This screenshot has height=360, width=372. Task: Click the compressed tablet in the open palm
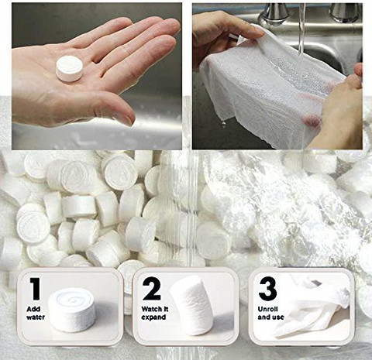(x=69, y=68)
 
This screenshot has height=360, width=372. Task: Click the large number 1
(x=35, y=289)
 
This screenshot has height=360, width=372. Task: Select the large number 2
(x=152, y=289)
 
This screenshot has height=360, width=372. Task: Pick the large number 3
(x=267, y=289)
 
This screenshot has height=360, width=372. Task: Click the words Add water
(x=36, y=313)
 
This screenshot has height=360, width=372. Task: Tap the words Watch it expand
(x=155, y=313)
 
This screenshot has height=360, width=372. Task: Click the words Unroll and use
(x=270, y=313)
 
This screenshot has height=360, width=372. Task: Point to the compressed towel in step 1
(x=72, y=310)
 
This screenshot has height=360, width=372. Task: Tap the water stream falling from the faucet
(x=301, y=29)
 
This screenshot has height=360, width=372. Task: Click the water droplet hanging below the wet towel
(x=224, y=125)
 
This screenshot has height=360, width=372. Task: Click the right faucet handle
(x=345, y=12)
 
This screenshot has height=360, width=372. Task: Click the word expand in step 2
(x=153, y=317)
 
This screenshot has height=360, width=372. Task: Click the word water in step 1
(x=36, y=317)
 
